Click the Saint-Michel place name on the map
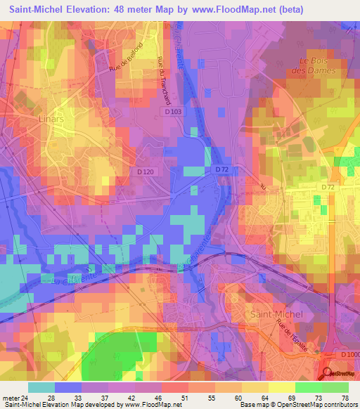click(276, 314)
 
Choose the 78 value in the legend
click(345, 396)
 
